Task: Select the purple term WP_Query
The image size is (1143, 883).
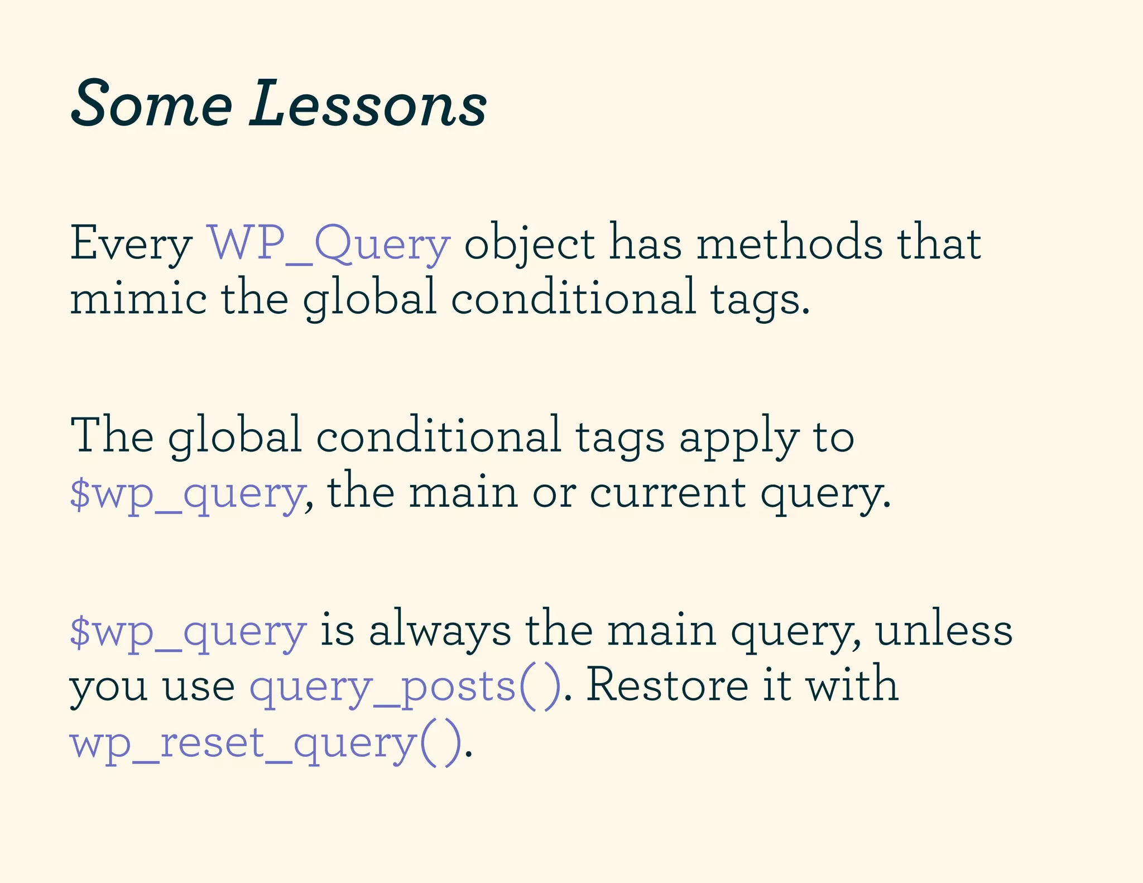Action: coord(329,243)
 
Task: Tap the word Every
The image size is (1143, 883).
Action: coord(131,244)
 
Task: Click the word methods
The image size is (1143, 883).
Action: coord(789,243)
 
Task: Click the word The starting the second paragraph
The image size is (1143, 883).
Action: coord(112,435)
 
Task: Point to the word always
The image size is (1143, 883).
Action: coord(440,631)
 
